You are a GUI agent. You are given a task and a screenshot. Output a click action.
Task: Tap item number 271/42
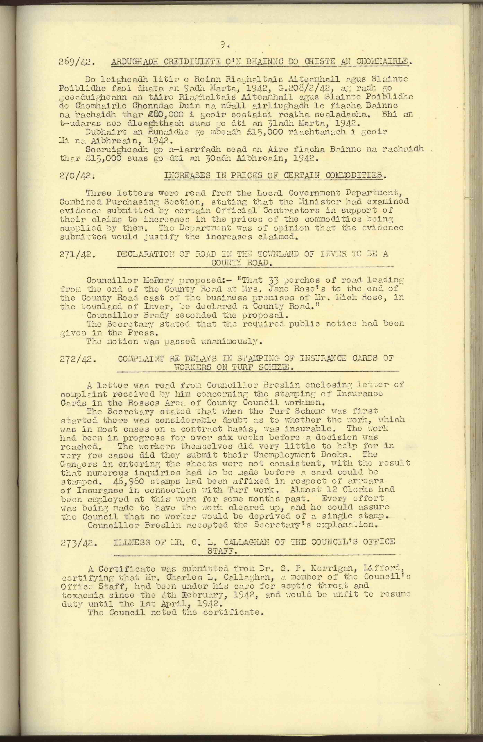(x=76, y=254)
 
